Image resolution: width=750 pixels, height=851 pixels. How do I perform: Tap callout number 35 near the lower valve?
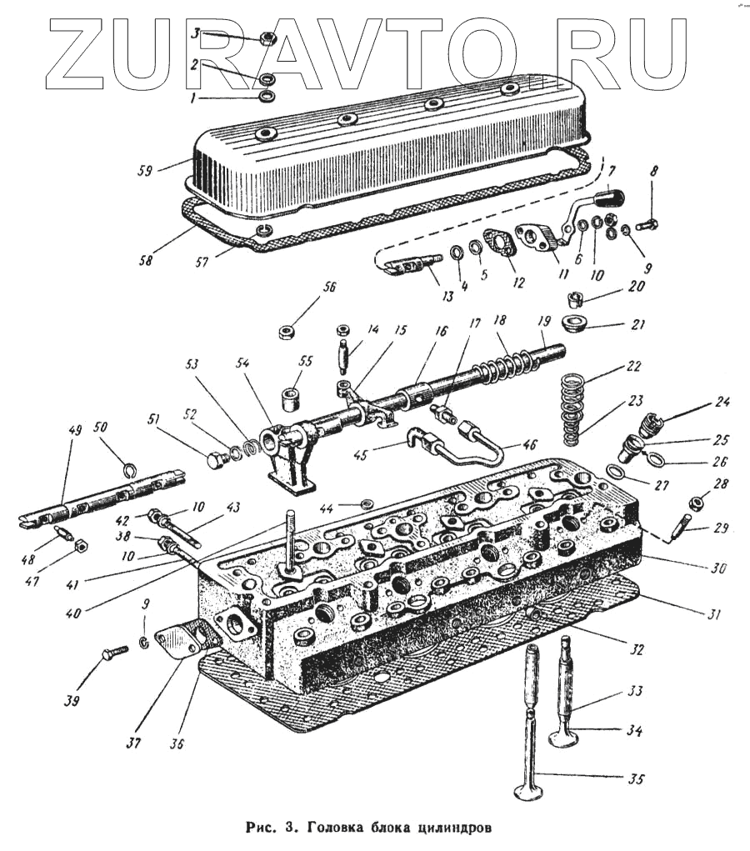[x=636, y=780]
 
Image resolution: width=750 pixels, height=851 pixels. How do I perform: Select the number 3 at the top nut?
[x=195, y=34]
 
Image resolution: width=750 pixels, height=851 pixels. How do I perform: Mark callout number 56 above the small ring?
[x=330, y=288]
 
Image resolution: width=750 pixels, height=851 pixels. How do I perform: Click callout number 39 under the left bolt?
[x=72, y=702]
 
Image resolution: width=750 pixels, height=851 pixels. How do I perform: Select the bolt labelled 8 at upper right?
[x=647, y=225]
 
